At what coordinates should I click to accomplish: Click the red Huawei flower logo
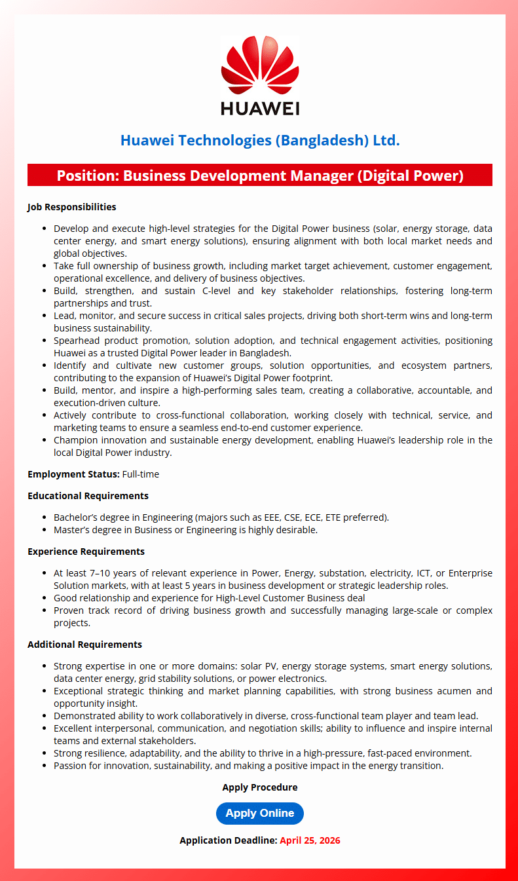coord(260,66)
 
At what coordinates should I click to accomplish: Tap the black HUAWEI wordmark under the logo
coord(260,107)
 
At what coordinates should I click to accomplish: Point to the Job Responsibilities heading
coord(71,207)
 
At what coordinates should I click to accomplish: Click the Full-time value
coord(141,474)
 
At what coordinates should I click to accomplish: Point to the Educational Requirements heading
coord(88,496)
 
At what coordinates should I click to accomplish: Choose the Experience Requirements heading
coord(86,552)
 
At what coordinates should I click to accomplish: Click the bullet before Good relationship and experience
coord(44,598)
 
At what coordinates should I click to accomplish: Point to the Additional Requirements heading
coord(84,645)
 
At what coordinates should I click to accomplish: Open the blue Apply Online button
coord(260,814)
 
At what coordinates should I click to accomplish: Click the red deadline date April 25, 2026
coord(310,840)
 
